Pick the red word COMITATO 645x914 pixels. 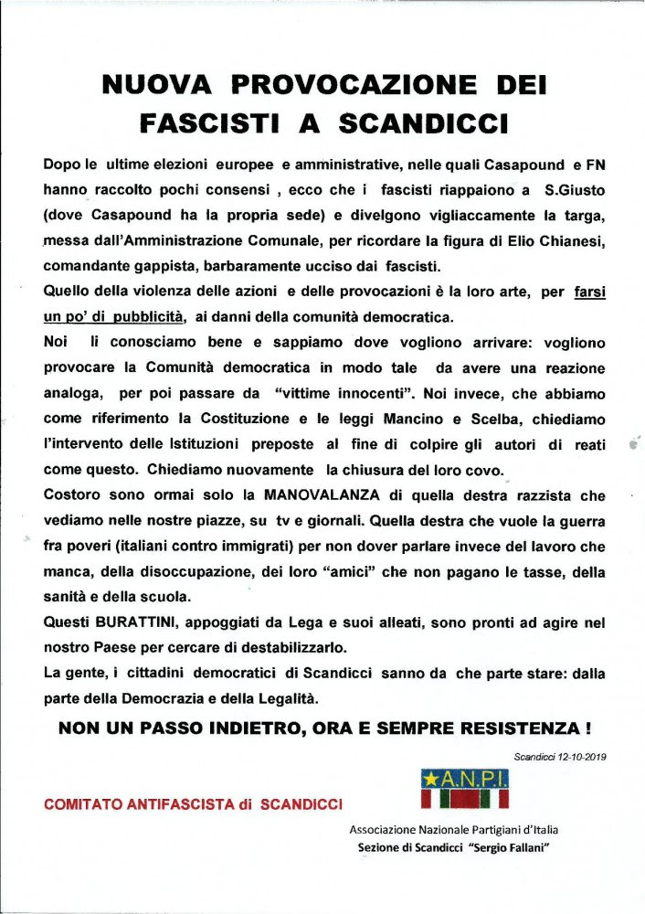pos(90,804)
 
